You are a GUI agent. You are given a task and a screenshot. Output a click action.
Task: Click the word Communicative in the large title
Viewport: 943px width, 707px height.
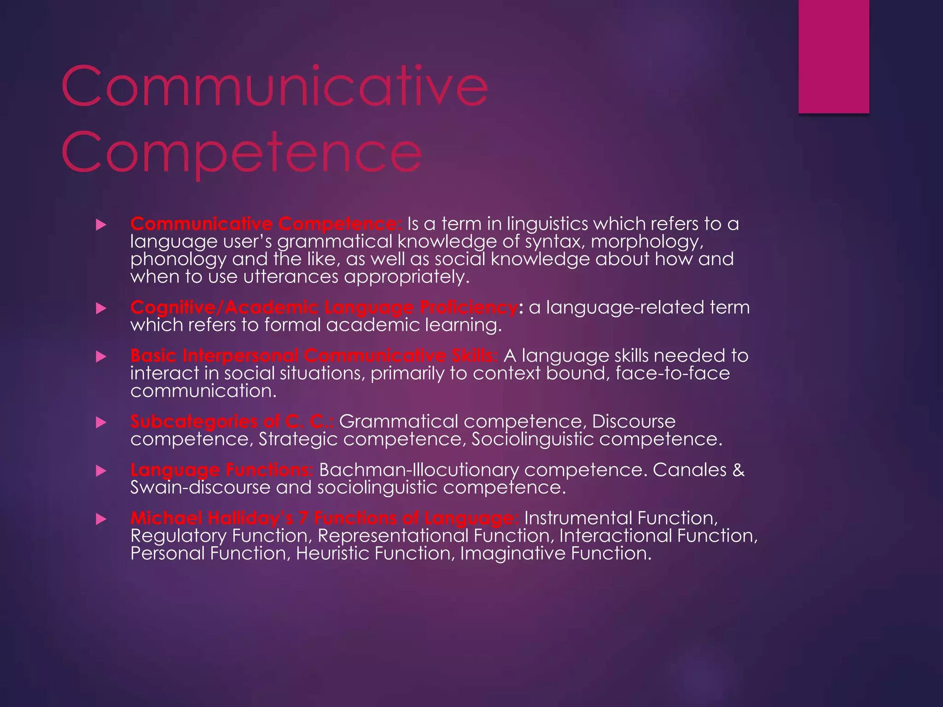coord(274,87)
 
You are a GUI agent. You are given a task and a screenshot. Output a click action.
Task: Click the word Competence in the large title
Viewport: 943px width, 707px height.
coord(242,152)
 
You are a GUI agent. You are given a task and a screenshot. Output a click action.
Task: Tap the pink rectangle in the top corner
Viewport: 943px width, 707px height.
coord(833,56)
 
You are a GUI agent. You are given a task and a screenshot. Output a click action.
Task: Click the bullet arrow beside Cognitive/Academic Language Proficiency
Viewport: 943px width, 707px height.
coord(101,308)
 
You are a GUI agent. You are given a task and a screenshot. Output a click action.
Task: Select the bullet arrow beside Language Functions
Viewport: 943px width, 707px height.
coord(101,471)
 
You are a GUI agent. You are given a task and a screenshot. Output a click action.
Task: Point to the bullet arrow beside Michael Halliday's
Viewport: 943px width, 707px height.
coord(101,519)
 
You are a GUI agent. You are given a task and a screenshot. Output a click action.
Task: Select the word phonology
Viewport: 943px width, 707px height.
coord(178,260)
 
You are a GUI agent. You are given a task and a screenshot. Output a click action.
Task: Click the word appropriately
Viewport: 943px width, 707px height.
coord(407,277)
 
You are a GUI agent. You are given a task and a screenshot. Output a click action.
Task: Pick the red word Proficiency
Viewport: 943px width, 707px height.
coord(468,307)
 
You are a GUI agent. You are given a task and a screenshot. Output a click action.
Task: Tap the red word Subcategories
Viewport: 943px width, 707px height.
coord(193,422)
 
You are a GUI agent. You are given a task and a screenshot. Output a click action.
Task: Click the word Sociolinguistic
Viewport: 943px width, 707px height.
coord(532,439)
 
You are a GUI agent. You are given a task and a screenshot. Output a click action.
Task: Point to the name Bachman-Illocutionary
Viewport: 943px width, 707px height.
coord(419,470)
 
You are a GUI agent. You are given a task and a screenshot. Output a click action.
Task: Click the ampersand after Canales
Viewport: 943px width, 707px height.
coord(738,470)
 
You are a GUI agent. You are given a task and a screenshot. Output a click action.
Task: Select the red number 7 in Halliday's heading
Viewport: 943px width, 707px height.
coord(303,518)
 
